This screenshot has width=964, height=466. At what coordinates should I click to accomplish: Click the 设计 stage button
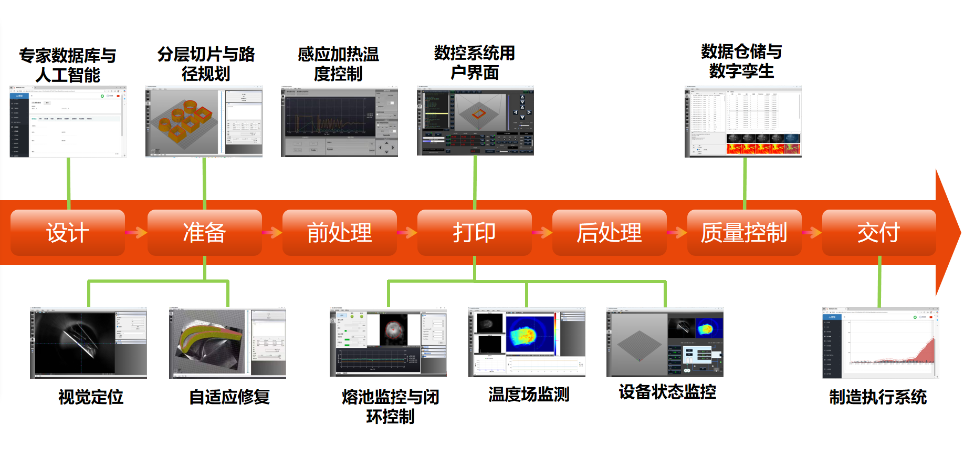68,233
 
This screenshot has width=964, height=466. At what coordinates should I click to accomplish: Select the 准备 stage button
204,233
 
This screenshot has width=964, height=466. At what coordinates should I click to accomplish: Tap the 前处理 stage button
339,233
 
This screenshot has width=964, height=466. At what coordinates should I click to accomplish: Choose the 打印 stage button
474,233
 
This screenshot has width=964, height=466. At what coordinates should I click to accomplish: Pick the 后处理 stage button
609,233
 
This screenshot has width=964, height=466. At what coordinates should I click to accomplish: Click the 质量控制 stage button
744,233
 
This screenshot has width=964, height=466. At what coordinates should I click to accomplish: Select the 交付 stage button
878,233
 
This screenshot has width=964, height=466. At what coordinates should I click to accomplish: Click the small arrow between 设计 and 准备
136,232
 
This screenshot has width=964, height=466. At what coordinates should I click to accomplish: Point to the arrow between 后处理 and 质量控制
677,232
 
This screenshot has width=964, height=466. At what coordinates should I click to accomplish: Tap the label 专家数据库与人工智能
68,65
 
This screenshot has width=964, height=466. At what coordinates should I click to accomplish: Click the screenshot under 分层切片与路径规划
204,121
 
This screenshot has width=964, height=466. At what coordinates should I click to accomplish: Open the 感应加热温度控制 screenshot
339,122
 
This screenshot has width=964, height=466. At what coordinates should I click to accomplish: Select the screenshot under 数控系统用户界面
475,121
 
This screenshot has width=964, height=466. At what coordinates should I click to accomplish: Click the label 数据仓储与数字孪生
741,61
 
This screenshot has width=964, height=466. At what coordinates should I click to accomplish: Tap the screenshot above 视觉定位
88,343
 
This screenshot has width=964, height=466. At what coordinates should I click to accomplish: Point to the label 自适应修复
229,397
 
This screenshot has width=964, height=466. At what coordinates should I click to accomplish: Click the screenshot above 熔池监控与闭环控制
388,343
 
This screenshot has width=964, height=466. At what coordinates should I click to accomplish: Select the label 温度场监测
529,394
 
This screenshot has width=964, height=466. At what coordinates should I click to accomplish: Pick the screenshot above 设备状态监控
665,343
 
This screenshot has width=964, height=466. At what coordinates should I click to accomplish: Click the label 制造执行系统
878,397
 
